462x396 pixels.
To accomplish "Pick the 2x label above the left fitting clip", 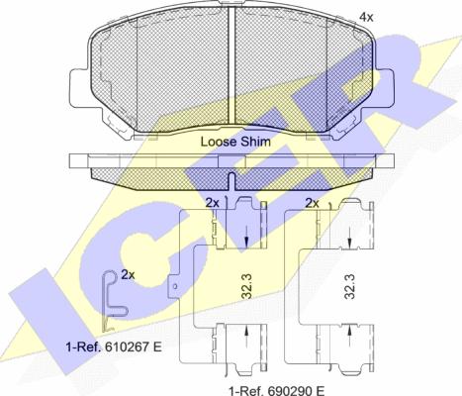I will [212, 202].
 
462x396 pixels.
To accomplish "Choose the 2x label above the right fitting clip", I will [313, 202].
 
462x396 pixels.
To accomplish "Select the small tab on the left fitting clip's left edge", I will [174, 288].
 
